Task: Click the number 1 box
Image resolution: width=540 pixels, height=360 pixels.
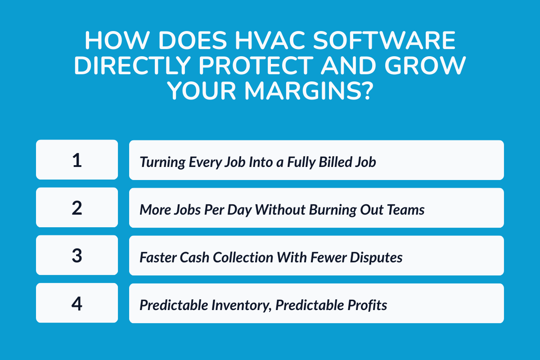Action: [77, 160]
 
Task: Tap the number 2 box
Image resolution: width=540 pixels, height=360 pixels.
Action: [77, 207]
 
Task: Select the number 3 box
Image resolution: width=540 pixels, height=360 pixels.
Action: [77, 255]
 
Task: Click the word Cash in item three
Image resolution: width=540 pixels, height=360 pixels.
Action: [195, 257]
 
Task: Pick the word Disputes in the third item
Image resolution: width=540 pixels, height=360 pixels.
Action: [377, 257]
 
